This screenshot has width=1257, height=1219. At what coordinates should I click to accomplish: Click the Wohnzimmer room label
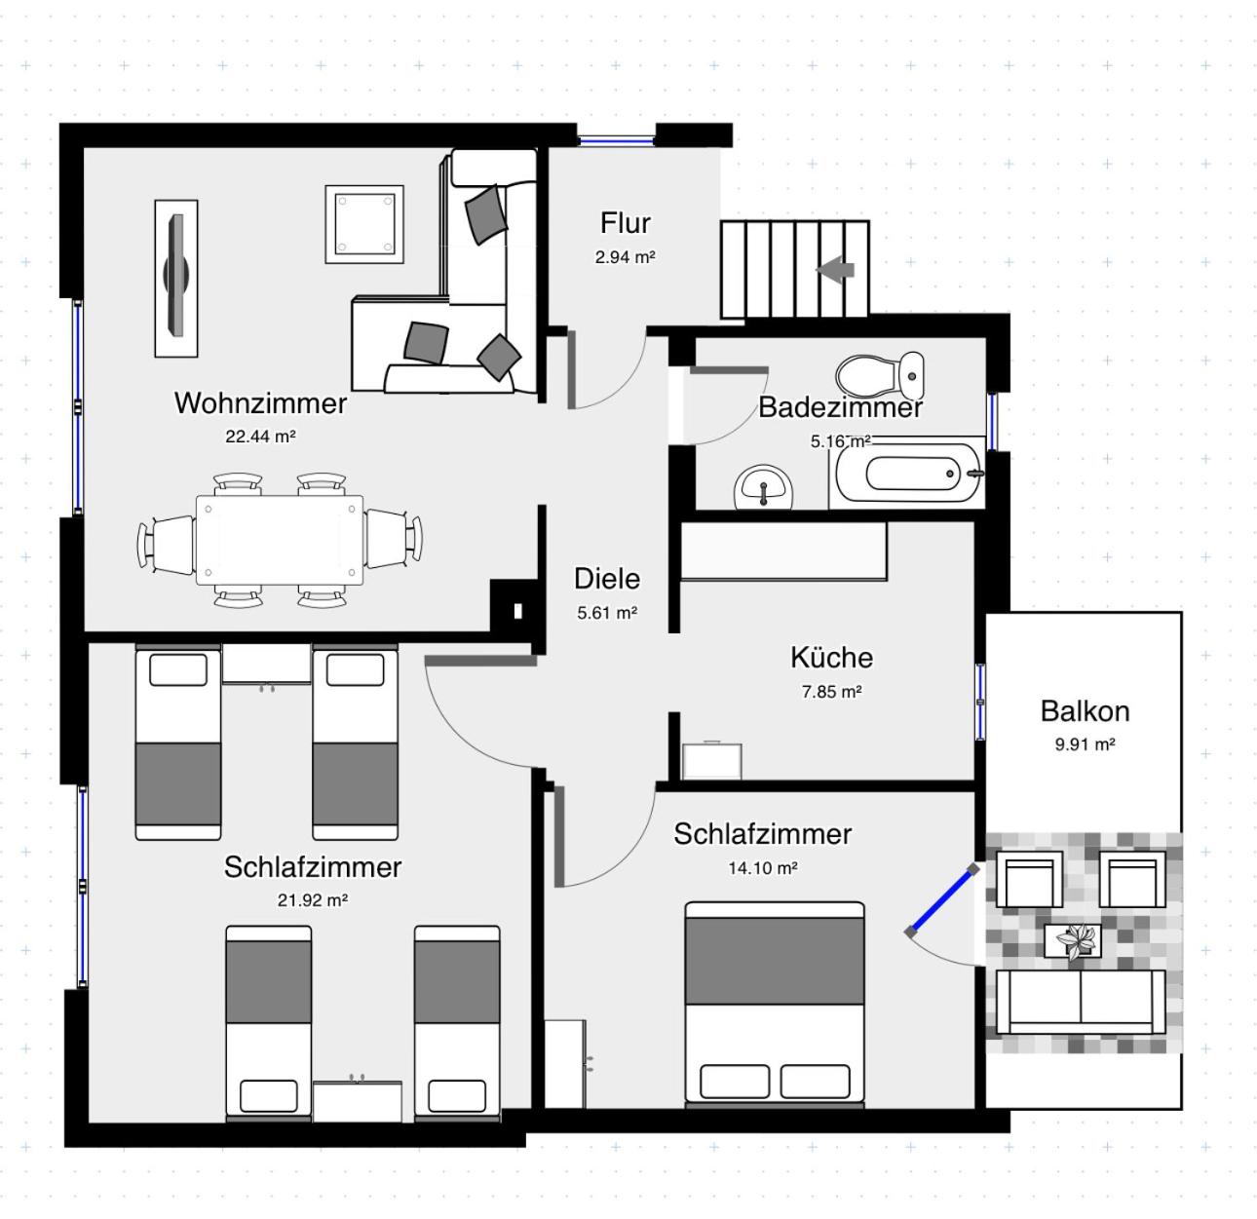pos(260,402)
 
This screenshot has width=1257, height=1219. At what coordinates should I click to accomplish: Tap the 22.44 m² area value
pos(260,437)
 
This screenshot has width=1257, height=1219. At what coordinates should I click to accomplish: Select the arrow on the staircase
pos(836,269)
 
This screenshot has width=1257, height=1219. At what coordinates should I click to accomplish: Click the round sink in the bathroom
pos(764,486)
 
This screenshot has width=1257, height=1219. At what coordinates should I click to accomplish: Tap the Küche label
pos(831,658)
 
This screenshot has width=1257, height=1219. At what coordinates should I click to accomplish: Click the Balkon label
pos(1085,711)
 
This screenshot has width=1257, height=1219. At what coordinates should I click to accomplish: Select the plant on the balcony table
pos(1075,941)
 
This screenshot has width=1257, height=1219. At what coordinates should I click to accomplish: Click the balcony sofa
pos(1080,1002)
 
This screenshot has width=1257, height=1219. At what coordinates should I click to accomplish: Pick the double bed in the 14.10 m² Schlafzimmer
pos(775,1004)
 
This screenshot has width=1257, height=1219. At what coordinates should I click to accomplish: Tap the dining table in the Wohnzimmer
pos(280,539)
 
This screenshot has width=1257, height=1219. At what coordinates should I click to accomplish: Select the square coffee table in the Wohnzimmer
pos(363,224)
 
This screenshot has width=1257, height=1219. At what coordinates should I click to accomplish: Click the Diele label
pos(607,579)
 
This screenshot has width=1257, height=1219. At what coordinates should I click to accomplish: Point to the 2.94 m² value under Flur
pos(625,257)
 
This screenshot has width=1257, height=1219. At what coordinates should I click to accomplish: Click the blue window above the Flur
pos(616,140)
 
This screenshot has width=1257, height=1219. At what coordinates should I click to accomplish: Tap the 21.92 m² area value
pos(312,900)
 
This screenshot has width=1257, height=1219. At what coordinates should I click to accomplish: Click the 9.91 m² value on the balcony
pos(1085,744)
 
